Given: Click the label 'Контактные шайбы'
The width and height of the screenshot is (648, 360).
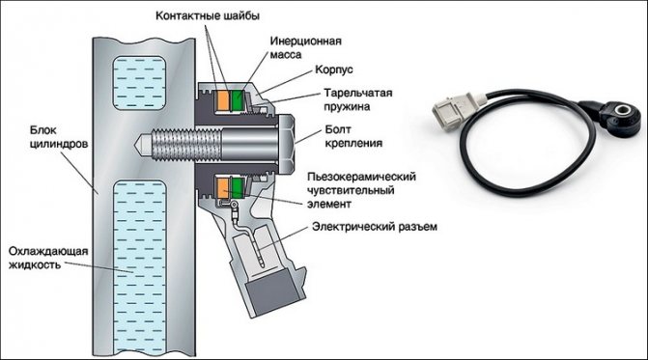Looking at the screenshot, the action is pos(208,16).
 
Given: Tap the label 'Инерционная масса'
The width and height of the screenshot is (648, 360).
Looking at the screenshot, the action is pos(306,47).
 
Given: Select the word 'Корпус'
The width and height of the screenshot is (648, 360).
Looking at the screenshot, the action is pos(334,69).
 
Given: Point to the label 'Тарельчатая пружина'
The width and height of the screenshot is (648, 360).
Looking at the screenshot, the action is pos(358,99).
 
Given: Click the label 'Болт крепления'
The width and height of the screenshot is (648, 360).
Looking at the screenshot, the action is pos(353,136).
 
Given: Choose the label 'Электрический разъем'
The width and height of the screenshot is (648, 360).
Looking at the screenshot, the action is pos(375,227).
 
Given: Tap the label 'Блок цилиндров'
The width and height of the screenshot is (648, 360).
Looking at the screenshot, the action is pos(59,137).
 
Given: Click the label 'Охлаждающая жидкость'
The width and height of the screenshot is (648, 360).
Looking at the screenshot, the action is pos(48,258).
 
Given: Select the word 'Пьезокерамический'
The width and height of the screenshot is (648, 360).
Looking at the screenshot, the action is pos(361,177).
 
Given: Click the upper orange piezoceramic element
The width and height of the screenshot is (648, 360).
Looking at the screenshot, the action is pos(223,100).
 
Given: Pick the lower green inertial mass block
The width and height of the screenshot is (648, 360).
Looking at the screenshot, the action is pos(238,188).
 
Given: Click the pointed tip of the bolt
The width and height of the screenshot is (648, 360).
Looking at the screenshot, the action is pos(135,144).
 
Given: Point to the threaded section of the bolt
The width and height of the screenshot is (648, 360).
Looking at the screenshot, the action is pos(186,144).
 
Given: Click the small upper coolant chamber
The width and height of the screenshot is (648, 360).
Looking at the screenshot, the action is pos(140,83).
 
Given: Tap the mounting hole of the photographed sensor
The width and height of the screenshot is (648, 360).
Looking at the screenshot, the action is pos(622,110).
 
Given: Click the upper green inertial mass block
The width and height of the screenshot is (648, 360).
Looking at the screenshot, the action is pos(238,100).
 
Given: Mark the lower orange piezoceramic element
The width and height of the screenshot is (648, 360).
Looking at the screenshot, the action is pos(223,188).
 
